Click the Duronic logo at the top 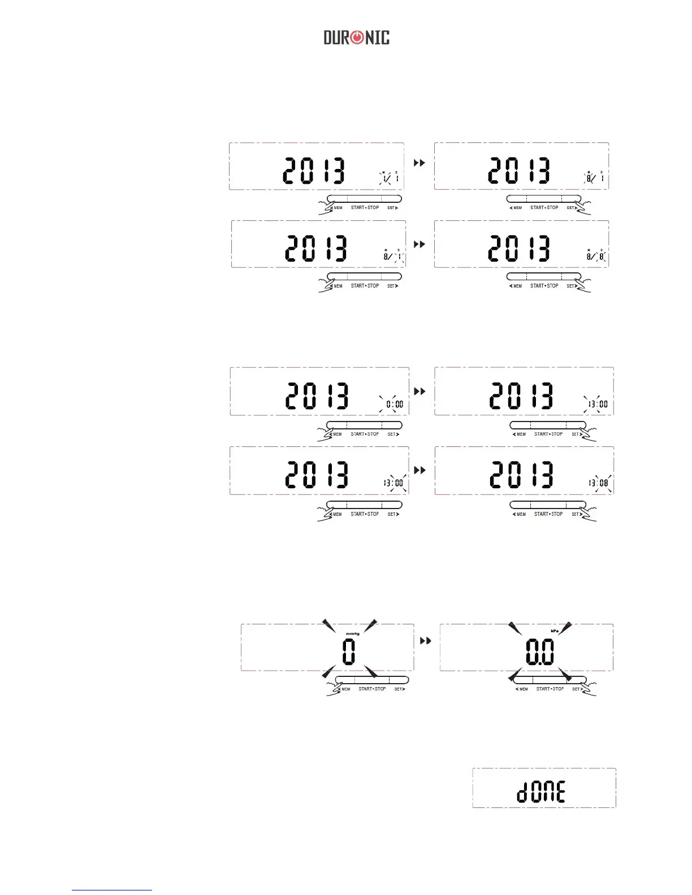pos(356,38)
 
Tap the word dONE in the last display pos(541,792)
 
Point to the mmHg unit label pos(352,634)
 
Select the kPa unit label pos(555,631)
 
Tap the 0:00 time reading pos(395,405)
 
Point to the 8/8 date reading pos(596,257)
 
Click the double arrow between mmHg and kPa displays pos(426,641)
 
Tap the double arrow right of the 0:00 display pos(419,391)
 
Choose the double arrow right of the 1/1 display pos(419,163)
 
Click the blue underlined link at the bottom pos(112,890)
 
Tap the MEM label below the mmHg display pos(345,689)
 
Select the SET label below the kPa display pos(576,689)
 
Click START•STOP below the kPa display pos(550,689)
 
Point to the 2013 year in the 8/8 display pos(519,248)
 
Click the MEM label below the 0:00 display pos(337,435)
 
